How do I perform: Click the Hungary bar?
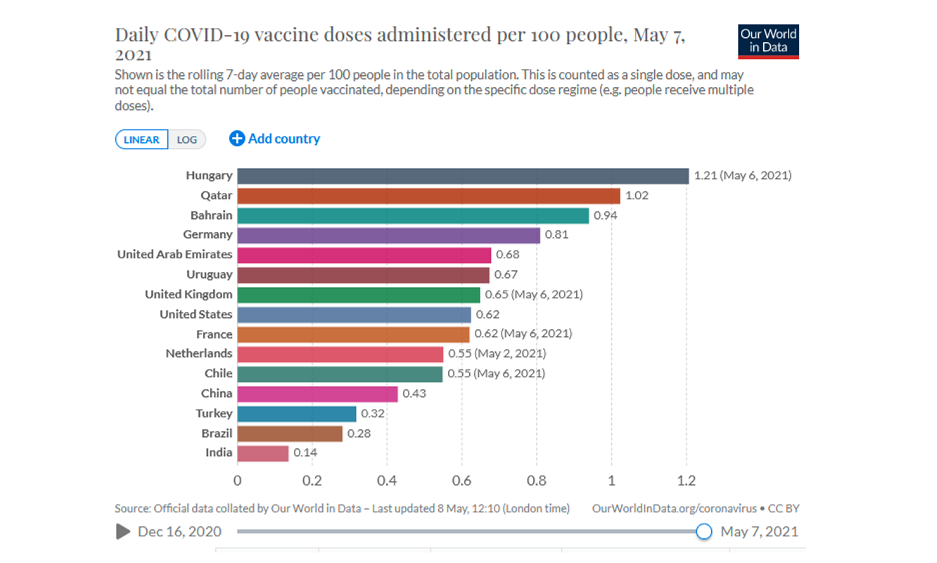tap(463, 176)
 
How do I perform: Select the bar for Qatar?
tap(428, 196)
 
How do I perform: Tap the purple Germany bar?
tap(388, 235)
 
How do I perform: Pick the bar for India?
tap(263, 453)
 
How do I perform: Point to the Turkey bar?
tap(297, 414)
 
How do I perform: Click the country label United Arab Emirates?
tap(174, 254)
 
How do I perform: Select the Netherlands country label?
tap(199, 353)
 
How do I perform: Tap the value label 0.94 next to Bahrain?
tap(605, 215)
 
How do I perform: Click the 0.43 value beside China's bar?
tap(414, 393)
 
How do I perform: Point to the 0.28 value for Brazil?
tap(359, 433)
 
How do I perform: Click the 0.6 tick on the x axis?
tap(461, 481)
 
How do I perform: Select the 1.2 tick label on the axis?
tap(686, 481)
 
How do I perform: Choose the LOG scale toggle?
tap(187, 139)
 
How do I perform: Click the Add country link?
tap(275, 139)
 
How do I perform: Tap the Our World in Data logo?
tap(768, 42)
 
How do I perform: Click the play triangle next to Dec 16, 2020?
tap(123, 531)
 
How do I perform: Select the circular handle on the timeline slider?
tap(703, 532)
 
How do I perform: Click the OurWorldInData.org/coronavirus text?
tap(674, 508)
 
